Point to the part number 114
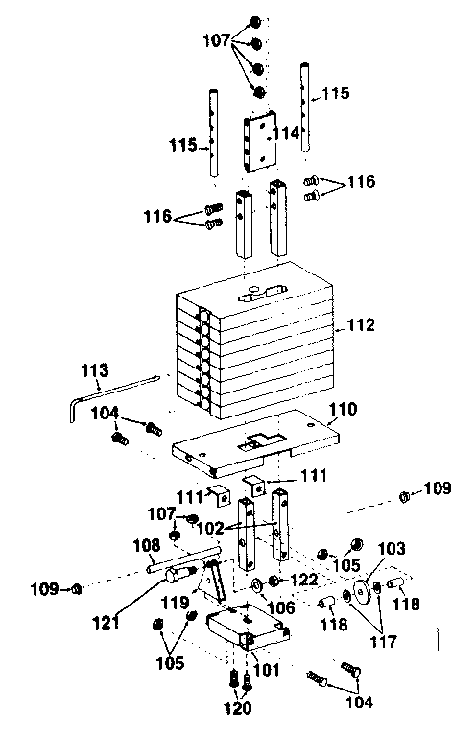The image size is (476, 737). pos(289,133)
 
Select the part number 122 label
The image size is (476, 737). pos(305,580)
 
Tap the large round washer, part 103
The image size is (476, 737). pos(363,587)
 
